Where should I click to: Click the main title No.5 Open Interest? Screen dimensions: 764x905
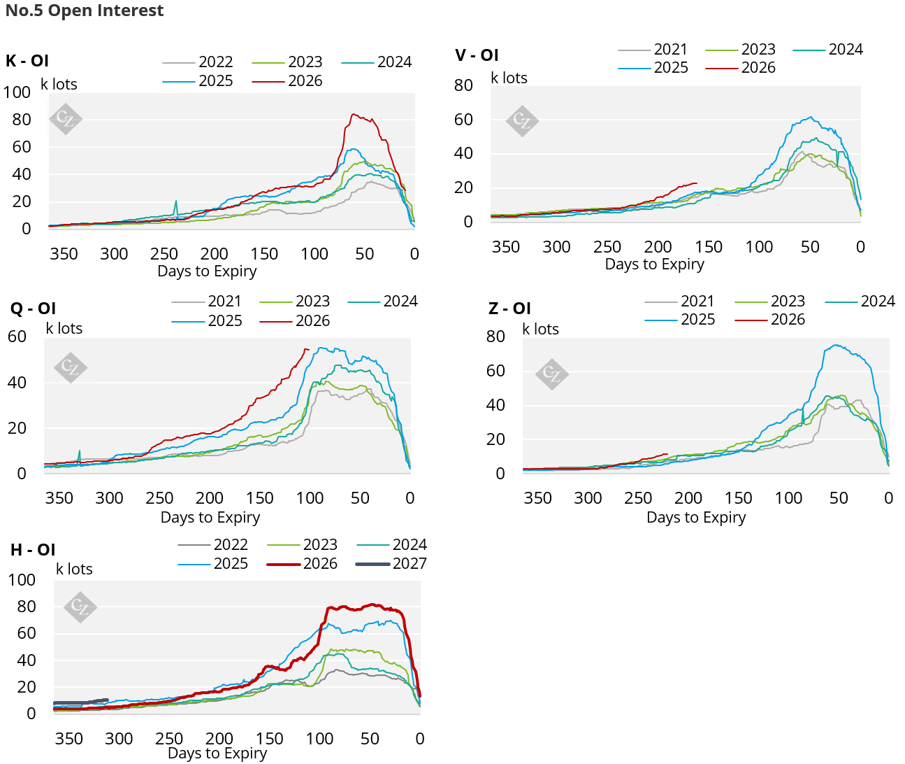(85, 10)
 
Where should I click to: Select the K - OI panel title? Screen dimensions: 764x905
(27, 61)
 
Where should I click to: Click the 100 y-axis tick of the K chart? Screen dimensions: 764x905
(17, 92)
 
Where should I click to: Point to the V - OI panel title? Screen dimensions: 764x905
(477, 55)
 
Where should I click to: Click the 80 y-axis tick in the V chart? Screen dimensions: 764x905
(463, 85)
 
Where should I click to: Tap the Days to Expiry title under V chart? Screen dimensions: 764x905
(654, 264)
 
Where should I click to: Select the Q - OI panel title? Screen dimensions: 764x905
(33, 309)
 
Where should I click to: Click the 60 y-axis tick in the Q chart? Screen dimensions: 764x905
(17, 337)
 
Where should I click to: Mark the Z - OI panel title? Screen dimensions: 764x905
(509, 309)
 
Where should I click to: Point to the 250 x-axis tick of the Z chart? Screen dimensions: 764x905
(638, 498)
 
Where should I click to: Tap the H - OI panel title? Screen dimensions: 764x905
(33, 550)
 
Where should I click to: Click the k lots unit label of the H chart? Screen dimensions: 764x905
(74, 570)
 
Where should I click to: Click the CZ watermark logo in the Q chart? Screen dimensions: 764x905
(71, 367)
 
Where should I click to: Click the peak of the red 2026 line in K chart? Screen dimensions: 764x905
(354, 115)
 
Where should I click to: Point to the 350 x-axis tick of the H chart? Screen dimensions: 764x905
(69, 739)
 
